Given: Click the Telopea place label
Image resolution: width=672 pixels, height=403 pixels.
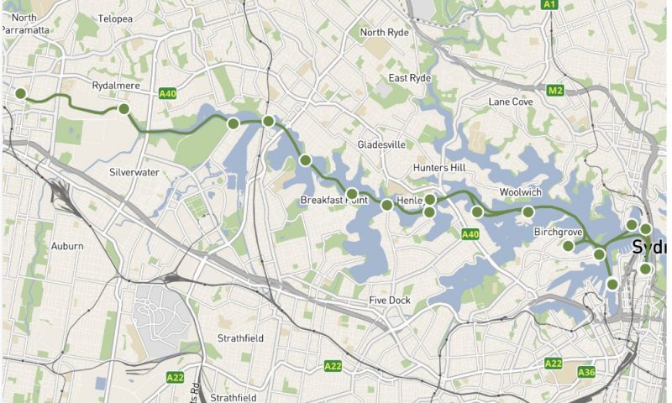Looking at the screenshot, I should (x=115, y=18).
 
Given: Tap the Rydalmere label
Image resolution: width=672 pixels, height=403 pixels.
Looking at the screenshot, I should (x=116, y=86).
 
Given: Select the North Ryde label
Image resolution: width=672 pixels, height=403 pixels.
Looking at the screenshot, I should (x=384, y=33).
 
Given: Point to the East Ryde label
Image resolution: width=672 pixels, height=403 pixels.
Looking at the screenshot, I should (x=409, y=78).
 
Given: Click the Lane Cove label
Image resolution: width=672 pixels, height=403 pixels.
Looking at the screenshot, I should (x=511, y=102).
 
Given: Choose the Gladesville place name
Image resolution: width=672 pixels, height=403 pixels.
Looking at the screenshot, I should (x=382, y=144).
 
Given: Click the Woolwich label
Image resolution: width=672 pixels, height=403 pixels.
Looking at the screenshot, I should (x=520, y=192).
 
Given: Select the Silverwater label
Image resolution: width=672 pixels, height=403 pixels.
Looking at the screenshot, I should (x=134, y=172).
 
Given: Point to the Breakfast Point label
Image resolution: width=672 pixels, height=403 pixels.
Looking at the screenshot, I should (x=335, y=200).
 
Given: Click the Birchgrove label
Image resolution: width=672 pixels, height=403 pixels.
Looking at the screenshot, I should (x=559, y=231).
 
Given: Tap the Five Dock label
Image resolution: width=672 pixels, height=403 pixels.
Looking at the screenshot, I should (x=389, y=300).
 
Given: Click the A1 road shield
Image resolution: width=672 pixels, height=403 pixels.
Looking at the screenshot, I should (x=549, y=5).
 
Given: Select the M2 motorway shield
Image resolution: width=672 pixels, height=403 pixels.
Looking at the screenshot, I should (x=555, y=90).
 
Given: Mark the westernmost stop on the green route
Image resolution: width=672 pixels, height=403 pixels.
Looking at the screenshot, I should (x=21, y=94).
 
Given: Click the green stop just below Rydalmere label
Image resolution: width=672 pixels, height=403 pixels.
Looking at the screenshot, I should (x=123, y=109).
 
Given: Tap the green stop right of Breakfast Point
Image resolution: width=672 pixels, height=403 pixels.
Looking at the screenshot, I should (x=386, y=204).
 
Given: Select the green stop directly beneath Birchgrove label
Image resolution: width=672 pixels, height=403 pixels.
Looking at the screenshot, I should (x=569, y=246).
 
